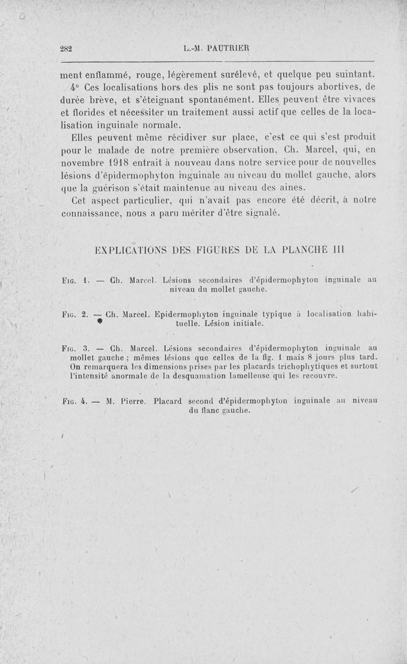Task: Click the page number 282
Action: (x=67, y=49)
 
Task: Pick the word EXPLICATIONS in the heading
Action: (x=133, y=251)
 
